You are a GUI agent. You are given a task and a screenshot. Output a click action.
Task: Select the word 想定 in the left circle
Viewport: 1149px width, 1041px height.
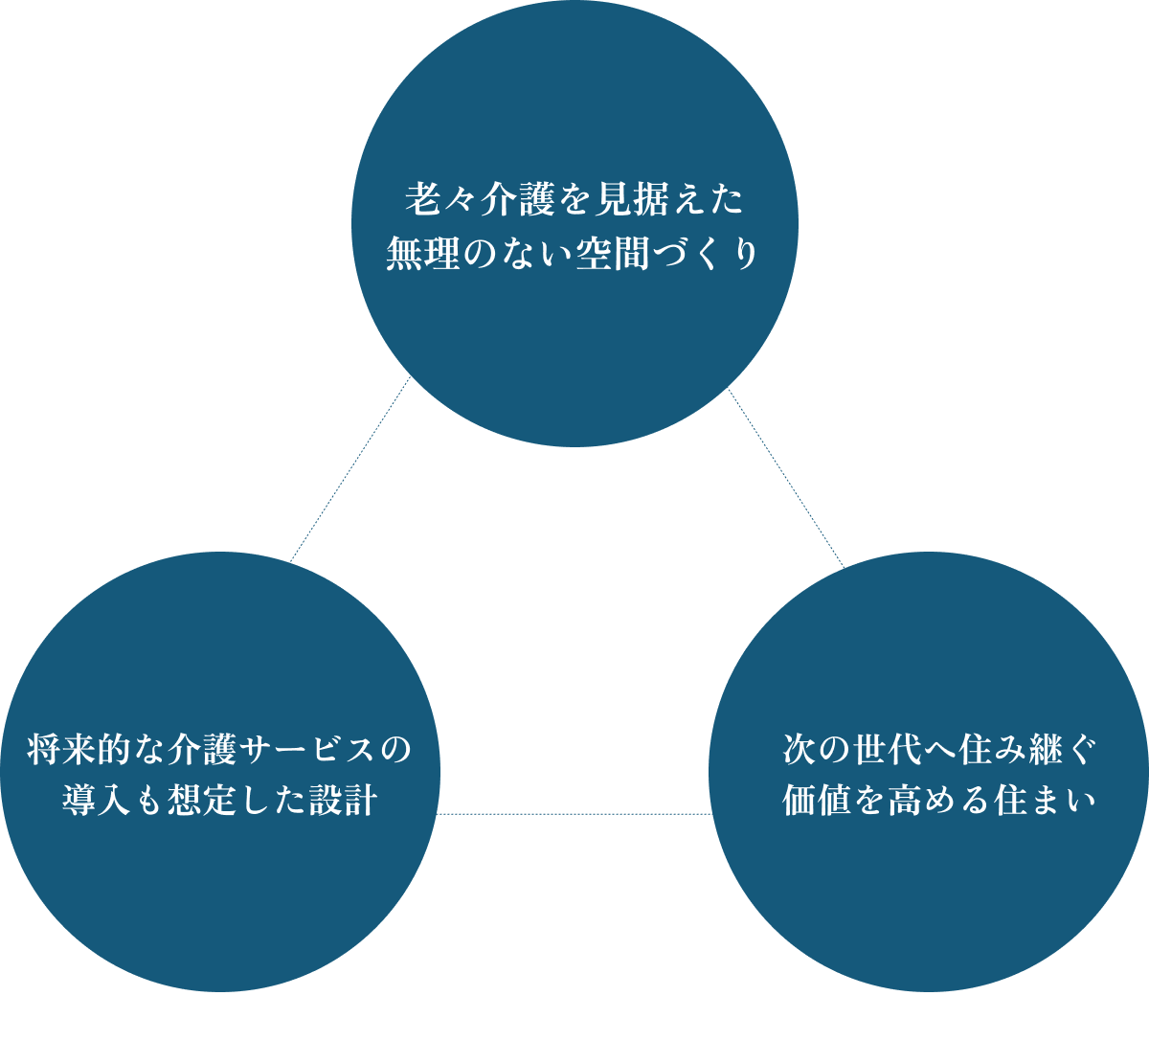coord(205,803)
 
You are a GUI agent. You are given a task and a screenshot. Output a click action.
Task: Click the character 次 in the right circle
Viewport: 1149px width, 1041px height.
coord(800,749)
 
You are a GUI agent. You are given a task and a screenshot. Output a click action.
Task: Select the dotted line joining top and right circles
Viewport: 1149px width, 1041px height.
coord(785,477)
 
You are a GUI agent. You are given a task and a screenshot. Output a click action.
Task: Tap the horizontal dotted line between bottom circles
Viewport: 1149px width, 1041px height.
coord(574,814)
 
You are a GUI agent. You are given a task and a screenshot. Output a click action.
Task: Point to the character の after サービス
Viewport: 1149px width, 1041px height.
coord(394,749)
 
